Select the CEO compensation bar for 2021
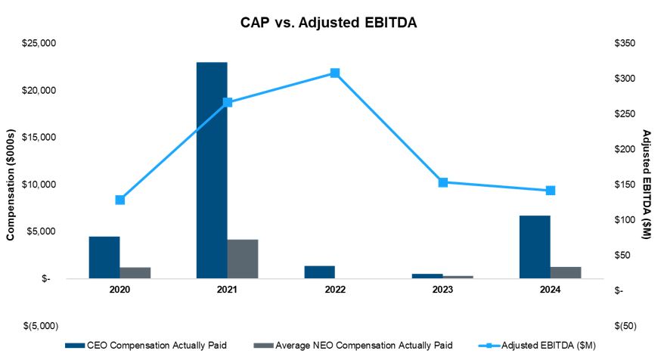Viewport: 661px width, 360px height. click(x=212, y=170)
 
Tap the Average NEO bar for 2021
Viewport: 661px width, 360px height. click(x=243, y=259)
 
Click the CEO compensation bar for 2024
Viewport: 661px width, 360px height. click(x=535, y=247)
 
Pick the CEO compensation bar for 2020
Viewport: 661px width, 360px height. click(x=104, y=257)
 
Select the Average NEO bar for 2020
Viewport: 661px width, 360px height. click(x=135, y=273)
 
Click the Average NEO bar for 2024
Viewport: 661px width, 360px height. click(x=566, y=272)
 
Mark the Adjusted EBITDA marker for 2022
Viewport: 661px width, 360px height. click(x=334, y=73)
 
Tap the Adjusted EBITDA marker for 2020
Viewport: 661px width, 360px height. click(x=119, y=200)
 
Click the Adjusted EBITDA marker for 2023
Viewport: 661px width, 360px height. click(x=442, y=182)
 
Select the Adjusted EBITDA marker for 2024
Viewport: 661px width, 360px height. click(x=550, y=191)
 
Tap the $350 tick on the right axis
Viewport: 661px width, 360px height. click(x=627, y=44)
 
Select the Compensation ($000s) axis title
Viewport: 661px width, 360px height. click(x=11, y=183)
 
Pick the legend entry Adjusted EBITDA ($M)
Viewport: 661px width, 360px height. click(x=538, y=346)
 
